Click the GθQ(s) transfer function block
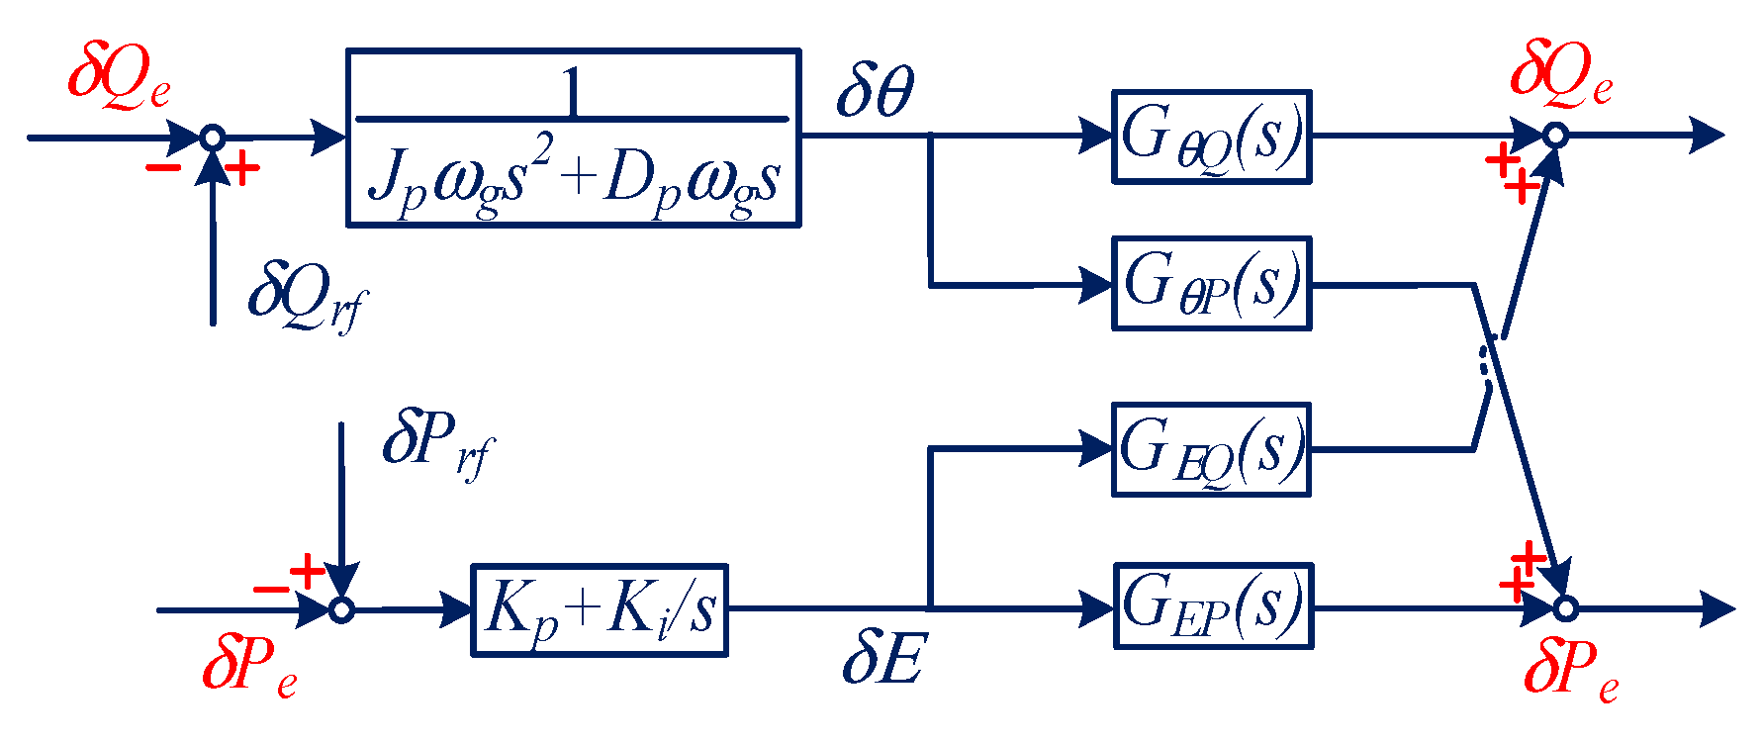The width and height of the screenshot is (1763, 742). pyautogui.click(x=1211, y=138)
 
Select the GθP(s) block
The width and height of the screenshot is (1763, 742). pyautogui.click(x=1211, y=283)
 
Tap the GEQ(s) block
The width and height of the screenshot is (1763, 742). pyautogui.click(x=1211, y=449)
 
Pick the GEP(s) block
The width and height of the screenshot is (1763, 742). pyautogui.click(x=1213, y=605)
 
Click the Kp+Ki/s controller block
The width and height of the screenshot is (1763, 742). pyautogui.click(x=600, y=609)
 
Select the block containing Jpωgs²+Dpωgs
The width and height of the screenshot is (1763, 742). pyautogui.click(x=573, y=138)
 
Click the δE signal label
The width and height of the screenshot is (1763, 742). pyautogui.click(x=882, y=659)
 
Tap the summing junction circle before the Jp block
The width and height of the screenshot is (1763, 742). pyautogui.click(x=213, y=138)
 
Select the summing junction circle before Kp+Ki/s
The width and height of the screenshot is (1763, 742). pyautogui.click(x=341, y=609)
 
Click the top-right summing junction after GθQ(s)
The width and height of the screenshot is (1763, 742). pyautogui.click(x=1556, y=136)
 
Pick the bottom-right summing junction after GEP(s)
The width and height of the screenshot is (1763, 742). pyautogui.click(x=1565, y=607)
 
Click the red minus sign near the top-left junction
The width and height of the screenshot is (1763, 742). pyautogui.click(x=163, y=168)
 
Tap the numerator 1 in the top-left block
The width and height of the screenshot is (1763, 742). pyautogui.click(x=571, y=91)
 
